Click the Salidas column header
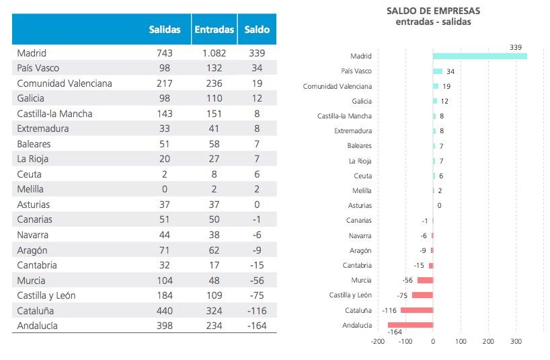[x=164, y=30]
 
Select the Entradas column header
[x=214, y=30]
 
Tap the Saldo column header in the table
[x=257, y=30]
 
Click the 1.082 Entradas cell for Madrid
[x=214, y=52]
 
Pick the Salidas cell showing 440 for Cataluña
[x=164, y=311]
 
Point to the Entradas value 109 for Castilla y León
[x=214, y=295]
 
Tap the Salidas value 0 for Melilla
[x=164, y=189]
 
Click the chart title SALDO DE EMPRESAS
[x=434, y=11]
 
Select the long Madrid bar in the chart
[x=479, y=57]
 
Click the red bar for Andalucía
[x=410, y=325]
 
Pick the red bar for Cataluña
[x=417, y=310]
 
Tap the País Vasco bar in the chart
[x=438, y=71]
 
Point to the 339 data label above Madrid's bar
[x=516, y=47]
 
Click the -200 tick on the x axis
[x=377, y=341]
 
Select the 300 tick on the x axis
[x=516, y=341]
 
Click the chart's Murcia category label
[x=361, y=280]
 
